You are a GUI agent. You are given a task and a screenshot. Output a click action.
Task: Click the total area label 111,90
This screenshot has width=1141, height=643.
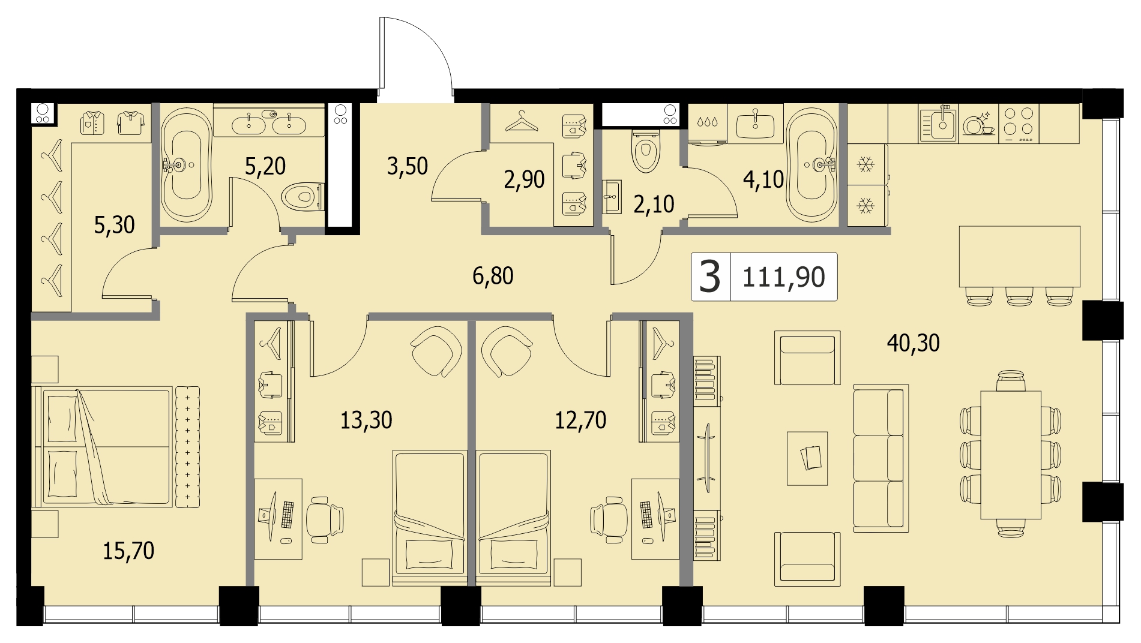[784, 277]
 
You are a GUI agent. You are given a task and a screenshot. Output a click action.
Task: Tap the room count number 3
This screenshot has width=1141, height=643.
[710, 277]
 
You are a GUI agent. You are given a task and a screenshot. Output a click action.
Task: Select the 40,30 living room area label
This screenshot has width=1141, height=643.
[913, 343]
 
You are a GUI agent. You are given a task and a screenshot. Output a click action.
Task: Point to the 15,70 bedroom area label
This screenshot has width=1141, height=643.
[128, 551]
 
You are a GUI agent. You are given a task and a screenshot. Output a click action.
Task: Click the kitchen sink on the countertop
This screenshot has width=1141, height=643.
[938, 124]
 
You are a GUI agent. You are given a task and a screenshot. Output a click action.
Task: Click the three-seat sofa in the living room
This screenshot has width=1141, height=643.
[881, 458]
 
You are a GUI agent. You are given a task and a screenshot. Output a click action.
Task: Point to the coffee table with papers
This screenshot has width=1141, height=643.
[807, 459]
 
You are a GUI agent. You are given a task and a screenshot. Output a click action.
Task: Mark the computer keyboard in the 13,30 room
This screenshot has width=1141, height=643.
[288, 515]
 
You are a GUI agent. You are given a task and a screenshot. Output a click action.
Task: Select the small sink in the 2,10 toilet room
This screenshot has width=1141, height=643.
[612, 196]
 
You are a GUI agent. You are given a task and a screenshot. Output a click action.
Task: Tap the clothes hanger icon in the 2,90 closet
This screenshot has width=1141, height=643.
[522, 122]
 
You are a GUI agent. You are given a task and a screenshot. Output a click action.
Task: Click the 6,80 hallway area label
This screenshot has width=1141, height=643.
[493, 276]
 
